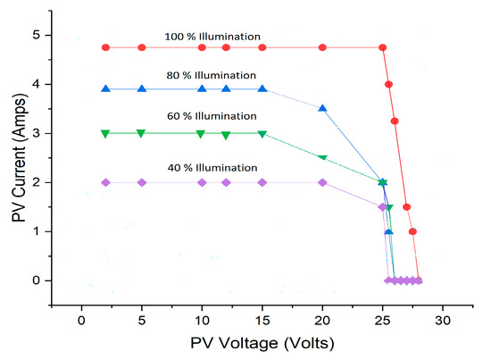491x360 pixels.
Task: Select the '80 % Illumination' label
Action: point(212,75)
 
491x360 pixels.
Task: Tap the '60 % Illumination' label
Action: point(212,116)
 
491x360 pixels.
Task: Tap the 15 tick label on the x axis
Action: point(262,318)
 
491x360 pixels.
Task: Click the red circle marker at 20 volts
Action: point(322,47)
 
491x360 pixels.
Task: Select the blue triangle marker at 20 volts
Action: point(322,108)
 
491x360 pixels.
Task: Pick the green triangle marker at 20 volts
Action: point(322,158)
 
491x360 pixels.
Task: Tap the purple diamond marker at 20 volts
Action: point(322,182)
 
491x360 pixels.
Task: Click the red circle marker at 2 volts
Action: point(105,47)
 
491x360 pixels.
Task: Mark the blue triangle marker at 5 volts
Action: point(141,88)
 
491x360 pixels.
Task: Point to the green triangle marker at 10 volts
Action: point(202,134)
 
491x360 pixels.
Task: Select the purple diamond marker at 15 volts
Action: point(262,182)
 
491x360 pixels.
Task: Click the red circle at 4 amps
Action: point(388,85)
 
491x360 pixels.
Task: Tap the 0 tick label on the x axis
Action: point(81,318)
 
